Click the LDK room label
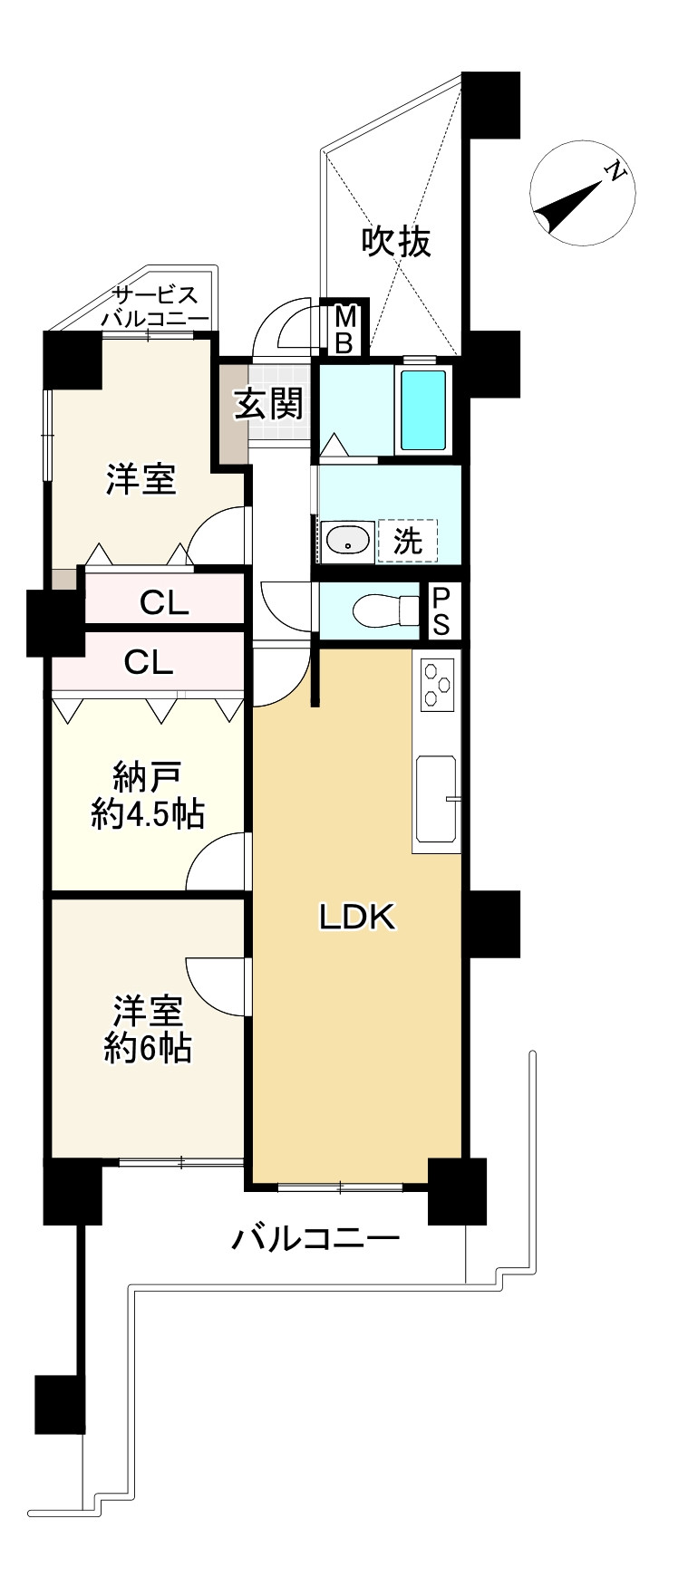[356, 918]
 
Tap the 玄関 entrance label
[268, 404]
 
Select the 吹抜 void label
[396, 241]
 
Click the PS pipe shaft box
[441, 612]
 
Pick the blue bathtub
[423, 409]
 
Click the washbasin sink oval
[347, 541]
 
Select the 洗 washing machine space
[407, 541]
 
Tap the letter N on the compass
[615, 171]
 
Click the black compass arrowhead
[567, 204]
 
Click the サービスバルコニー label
[154, 306]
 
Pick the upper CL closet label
[164, 603]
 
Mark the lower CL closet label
[149, 663]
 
